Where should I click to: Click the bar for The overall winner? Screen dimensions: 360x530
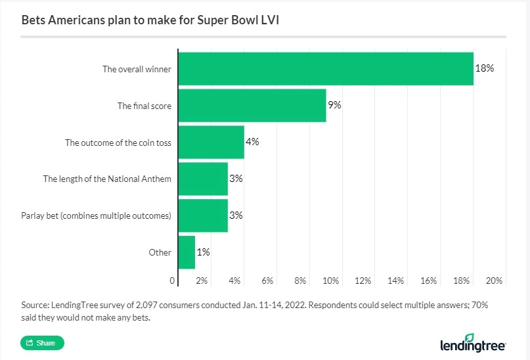coord(325,68)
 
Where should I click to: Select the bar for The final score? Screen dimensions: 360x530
coord(252,105)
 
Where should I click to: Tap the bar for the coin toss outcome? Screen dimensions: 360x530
coord(211,142)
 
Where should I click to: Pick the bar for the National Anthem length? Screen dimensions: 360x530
coord(203,179)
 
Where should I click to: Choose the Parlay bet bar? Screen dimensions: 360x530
coord(203,215)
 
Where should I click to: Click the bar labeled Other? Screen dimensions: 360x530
coord(187,252)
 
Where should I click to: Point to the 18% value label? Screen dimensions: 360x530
coord(485,68)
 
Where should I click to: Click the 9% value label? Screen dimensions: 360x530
coord(334,105)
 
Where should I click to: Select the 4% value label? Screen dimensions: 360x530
coord(253,142)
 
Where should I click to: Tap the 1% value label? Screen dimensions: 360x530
coord(203,252)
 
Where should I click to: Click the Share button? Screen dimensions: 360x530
coord(42,343)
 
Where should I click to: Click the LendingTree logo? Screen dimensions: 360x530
coord(472,344)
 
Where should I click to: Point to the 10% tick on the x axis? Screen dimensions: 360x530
coord(330,281)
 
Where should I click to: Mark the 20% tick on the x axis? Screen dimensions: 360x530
coord(495,281)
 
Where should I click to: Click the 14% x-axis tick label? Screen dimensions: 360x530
coord(396,281)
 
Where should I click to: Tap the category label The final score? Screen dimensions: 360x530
coord(144,105)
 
